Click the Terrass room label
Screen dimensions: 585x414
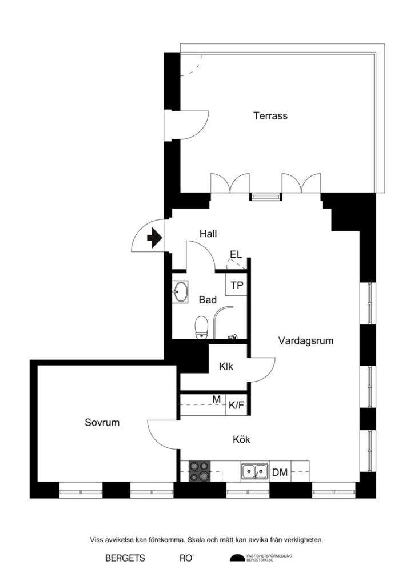tap(270, 116)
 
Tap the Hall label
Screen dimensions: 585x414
tap(208, 234)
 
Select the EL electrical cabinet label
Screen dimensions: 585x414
tap(235, 255)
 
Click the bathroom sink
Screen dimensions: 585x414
tap(180, 292)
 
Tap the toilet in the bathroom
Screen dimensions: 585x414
tap(201, 328)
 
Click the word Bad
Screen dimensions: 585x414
tap(207, 300)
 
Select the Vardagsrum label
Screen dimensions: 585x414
tap(305, 341)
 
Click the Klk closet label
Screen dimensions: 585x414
tap(226, 367)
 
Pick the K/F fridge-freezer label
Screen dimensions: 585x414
tap(237, 406)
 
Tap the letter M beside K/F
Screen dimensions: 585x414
tap(217, 399)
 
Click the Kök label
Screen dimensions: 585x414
tap(242, 440)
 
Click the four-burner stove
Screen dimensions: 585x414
tap(200, 472)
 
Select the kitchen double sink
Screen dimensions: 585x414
tap(254, 472)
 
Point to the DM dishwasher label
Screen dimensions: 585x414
tap(280, 472)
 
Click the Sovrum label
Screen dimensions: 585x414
tap(102, 423)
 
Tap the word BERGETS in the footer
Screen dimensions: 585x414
tap(125, 558)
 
